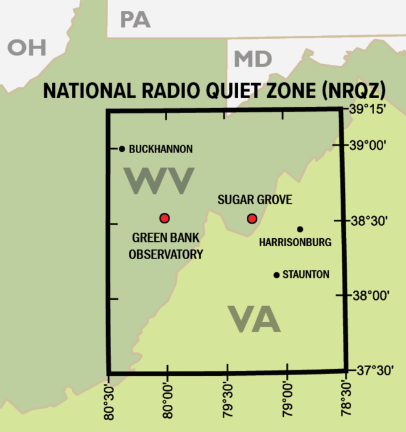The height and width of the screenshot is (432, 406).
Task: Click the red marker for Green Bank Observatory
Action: [164, 218]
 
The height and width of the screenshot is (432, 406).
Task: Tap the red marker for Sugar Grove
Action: [252, 218]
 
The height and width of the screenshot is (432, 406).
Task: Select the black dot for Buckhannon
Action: [122, 149]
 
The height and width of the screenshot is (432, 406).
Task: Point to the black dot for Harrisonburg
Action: [300, 230]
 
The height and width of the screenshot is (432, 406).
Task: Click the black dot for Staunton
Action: [276, 275]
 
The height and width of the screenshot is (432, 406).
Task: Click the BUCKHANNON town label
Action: [160, 149]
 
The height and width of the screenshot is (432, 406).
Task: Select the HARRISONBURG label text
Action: [295, 243]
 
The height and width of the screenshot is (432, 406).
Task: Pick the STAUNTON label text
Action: [305, 275]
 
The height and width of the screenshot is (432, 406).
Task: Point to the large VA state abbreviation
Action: [254, 320]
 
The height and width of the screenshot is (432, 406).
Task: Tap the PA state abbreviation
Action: [135, 20]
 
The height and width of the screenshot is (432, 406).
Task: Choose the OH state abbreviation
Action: [27, 48]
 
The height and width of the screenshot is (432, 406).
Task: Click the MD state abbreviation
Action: [253, 59]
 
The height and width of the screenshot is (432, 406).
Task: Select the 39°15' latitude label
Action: [368, 109]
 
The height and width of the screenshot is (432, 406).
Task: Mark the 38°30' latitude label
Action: [369, 220]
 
